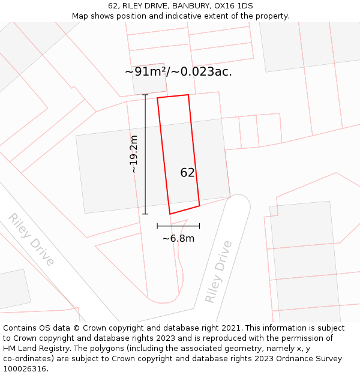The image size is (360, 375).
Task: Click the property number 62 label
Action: [187, 173]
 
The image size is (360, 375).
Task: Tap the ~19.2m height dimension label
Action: [134, 154]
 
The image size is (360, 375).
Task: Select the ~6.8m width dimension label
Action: [178, 238]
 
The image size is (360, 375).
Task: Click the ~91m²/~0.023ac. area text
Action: [178, 72]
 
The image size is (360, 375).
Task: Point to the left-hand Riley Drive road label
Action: [31, 239]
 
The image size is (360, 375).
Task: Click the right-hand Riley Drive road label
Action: [218, 272]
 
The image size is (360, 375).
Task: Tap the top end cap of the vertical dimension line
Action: [145, 94]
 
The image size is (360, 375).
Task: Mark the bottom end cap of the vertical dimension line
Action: [145, 214]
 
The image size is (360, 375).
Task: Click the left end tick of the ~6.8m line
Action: [157, 226]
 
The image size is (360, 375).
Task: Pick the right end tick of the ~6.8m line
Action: [199, 226]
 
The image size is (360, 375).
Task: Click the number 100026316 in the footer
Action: [25, 368]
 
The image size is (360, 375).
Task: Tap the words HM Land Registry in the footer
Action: [37, 349]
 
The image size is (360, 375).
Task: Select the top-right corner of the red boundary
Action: [188, 95]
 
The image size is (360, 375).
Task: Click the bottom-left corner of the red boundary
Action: [170, 214]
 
